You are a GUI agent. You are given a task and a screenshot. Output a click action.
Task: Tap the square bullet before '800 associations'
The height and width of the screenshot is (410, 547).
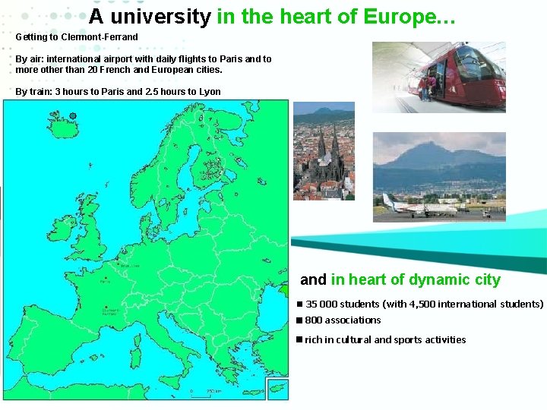coord(300,320)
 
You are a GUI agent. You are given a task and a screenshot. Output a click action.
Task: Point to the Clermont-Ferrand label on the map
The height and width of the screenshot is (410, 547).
coord(111,310)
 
